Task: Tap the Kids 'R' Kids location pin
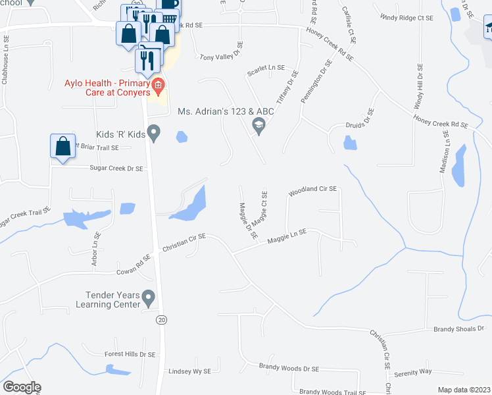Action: pos(154,133)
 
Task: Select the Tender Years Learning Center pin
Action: pos(149,299)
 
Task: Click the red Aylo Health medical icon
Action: pos(157,85)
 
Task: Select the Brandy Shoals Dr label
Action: pos(458,328)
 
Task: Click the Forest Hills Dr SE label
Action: pos(130,354)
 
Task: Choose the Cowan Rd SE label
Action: pos(134,262)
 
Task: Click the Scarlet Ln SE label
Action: pos(266,68)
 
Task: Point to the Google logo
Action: pos(22,387)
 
